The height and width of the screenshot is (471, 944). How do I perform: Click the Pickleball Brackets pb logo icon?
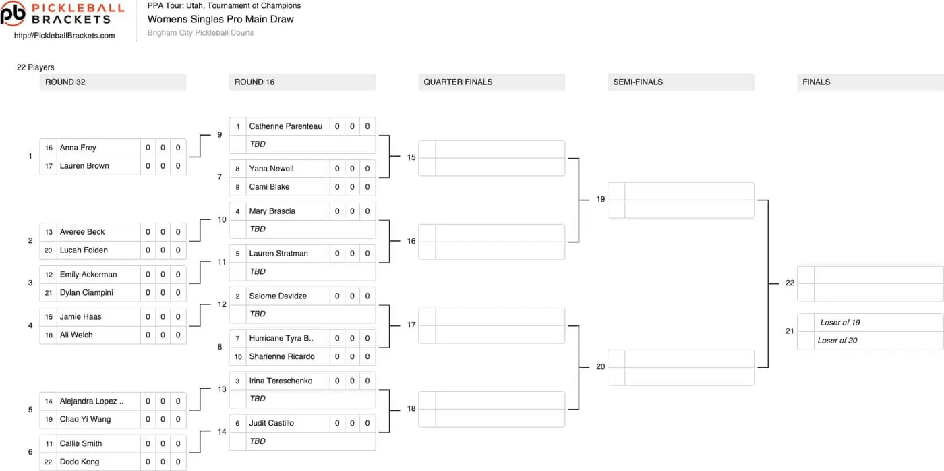pos(13,13)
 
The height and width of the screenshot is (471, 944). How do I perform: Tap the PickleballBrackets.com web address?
pos(65,36)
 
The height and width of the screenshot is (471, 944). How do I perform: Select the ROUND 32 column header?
pos(65,82)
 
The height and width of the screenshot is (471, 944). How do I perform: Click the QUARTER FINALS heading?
pos(458,82)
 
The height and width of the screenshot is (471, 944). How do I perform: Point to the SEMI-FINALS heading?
pos(638,82)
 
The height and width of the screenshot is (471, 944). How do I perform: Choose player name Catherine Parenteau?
pos(285,126)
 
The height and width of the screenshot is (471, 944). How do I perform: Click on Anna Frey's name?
pos(78,148)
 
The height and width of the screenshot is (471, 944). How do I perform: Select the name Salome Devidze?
pos(278,296)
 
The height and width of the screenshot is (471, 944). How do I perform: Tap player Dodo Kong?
pos(80,462)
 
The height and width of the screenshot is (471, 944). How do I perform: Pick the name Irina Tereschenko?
pos(281,381)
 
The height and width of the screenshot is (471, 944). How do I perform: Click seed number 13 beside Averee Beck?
pos(49,232)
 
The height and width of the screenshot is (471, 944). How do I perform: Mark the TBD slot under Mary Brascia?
pos(257,229)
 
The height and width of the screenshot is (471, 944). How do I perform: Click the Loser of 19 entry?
pos(840,323)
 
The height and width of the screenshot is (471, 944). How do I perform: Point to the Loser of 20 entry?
pos(837,341)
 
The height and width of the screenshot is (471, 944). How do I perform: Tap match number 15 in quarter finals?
pos(411,157)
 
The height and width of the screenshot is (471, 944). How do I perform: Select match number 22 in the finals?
pos(790,283)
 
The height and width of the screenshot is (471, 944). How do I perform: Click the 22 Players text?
pos(35,67)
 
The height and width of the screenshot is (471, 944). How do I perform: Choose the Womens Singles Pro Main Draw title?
pos(220,19)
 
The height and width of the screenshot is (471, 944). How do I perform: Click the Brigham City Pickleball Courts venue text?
pos(200,33)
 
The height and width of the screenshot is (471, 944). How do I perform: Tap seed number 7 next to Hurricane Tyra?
pos(237,339)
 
